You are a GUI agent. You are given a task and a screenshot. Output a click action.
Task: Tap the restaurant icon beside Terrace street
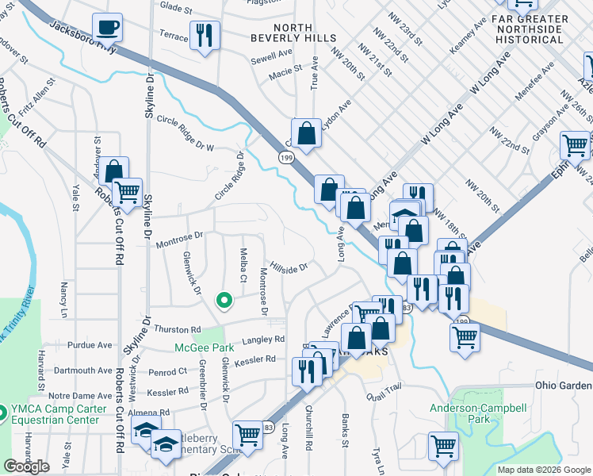[205, 36]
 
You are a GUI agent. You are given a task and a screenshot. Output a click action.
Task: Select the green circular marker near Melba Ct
[224, 301]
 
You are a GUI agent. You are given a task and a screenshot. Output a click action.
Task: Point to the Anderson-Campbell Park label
[478, 413]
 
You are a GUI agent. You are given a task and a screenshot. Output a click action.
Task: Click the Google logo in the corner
[26, 466]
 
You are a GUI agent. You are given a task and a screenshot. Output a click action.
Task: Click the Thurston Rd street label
[178, 329]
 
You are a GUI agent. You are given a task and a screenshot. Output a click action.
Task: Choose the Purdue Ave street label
[90, 345]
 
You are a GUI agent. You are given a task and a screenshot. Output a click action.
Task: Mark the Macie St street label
[287, 69]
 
